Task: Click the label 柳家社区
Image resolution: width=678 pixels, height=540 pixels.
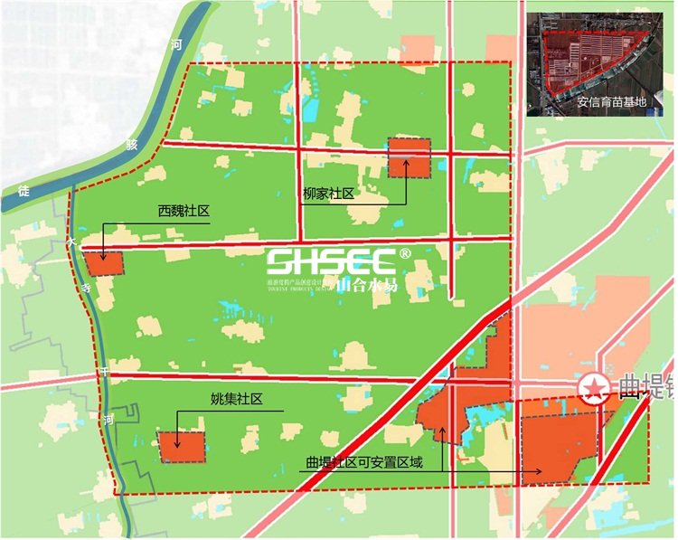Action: [326, 194]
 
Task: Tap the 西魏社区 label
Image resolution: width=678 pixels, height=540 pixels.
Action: [184, 211]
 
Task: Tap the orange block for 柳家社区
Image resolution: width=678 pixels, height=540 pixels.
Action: [408, 156]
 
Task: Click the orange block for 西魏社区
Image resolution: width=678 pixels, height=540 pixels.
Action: [104, 263]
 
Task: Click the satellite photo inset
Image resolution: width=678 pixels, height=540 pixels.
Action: [597, 63]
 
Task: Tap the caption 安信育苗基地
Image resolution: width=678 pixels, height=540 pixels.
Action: [612, 102]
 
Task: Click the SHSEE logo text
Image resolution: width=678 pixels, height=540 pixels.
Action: [330, 262]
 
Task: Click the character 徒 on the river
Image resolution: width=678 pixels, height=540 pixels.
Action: [24, 190]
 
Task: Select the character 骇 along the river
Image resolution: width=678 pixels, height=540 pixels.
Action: [132, 144]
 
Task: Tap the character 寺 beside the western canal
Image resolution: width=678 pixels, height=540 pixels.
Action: [86, 288]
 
